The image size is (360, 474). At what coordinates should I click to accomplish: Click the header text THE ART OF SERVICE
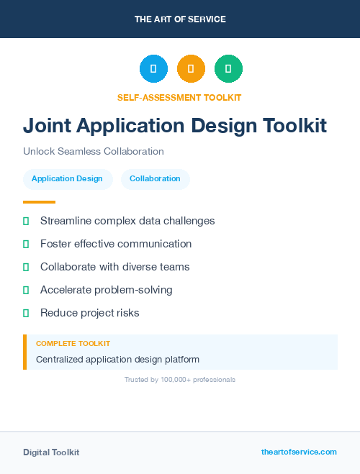pyautogui.click(x=180, y=19)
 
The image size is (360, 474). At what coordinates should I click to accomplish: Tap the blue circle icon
pyautogui.click(x=153, y=68)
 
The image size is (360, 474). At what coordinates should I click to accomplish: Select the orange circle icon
pyautogui.click(x=191, y=68)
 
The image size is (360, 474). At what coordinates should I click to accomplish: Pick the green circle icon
pyautogui.click(x=228, y=68)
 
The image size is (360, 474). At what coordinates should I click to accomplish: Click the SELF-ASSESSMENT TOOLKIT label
pyautogui.click(x=179, y=97)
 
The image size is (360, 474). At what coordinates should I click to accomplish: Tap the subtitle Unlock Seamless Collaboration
pyautogui.click(x=94, y=151)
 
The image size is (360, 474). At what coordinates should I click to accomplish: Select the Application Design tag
pyautogui.click(x=67, y=178)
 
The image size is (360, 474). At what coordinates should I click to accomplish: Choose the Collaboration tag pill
pyautogui.click(x=155, y=178)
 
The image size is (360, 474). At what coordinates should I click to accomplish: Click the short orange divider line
pyautogui.click(x=39, y=202)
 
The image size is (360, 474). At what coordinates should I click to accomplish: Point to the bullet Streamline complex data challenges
pyautogui.click(x=127, y=221)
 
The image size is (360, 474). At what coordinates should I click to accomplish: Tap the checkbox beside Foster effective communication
pyautogui.click(x=26, y=245)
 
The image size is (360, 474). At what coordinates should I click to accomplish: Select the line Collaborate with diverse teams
pyautogui.click(x=114, y=267)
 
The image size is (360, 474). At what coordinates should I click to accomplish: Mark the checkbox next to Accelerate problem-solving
pyautogui.click(x=26, y=291)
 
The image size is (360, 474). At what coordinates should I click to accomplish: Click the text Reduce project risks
pyautogui.click(x=89, y=313)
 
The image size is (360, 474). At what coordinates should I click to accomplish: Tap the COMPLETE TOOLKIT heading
pyautogui.click(x=73, y=344)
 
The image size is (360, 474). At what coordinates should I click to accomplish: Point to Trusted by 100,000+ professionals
pyautogui.click(x=180, y=379)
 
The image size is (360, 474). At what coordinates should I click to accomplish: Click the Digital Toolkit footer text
pyautogui.click(x=51, y=452)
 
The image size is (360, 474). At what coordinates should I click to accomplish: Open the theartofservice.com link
pyautogui.click(x=299, y=452)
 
